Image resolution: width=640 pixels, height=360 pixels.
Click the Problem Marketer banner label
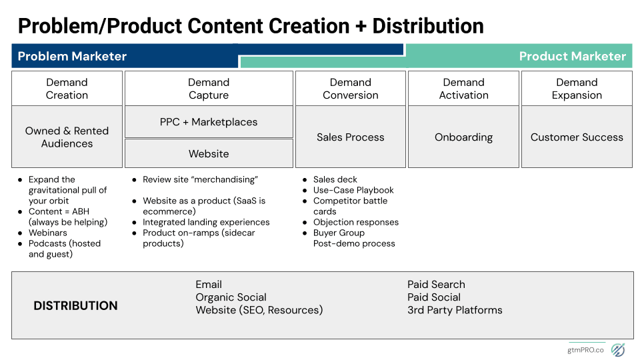coord(72,56)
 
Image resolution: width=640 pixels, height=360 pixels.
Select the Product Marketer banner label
coord(572,56)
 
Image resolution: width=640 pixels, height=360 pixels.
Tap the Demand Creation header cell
coord(67,89)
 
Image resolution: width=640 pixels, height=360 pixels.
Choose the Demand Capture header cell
coord(209,89)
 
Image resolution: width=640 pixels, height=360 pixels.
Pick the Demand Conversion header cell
coord(350,89)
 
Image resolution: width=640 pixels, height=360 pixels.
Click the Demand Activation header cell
coord(463,89)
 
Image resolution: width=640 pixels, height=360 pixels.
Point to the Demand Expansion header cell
coord(577,89)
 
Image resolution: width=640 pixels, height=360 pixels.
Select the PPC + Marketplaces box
coord(209,122)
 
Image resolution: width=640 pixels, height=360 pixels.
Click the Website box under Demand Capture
coord(209,153)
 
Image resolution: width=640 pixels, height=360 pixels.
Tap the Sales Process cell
coord(350,137)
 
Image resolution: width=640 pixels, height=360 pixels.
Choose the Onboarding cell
coord(463,137)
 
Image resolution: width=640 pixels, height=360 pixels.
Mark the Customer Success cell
coord(577,137)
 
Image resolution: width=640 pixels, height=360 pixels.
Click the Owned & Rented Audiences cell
coord(67,137)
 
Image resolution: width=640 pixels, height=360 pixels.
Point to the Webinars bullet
coord(47,233)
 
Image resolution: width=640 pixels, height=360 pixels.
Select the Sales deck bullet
coord(335,179)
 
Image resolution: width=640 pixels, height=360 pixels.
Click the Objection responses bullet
coord(355,222)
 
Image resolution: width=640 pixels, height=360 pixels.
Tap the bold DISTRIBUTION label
coord(75,306)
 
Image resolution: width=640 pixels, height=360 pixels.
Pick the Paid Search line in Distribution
coord(436,285)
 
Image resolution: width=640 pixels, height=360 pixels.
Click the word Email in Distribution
coord(209,285)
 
